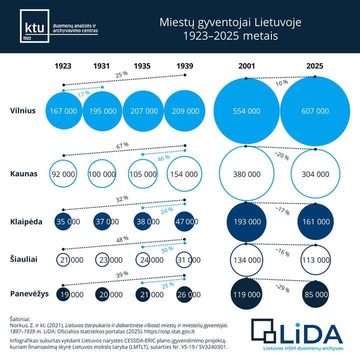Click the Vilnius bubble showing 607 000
(x=315, y=111)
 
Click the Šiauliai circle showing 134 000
(x=246, y=260)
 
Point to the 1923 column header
(x=63, y=65)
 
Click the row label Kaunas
(x=24, y=174)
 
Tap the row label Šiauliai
(x=24, y=258)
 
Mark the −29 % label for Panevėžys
(x=280, y=287)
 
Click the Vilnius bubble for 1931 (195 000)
(x=102, y=111)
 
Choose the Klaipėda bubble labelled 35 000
(x=63, y=221)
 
